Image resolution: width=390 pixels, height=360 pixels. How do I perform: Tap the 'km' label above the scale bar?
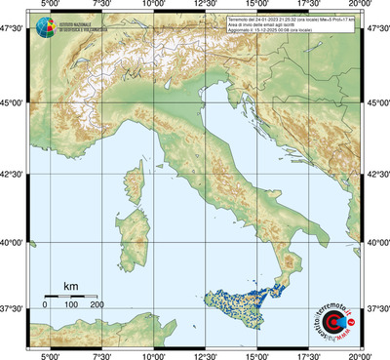tap(71, 286)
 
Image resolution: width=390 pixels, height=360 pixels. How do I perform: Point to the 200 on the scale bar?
tap(97, 305)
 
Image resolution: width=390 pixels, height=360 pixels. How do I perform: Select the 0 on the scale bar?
tap(46, 305)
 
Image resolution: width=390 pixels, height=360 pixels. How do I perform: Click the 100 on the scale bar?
tap(71, 305)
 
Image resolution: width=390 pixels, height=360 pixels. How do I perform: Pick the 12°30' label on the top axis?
tap(205, 7)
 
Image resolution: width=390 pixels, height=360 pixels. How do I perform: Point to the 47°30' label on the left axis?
tap(12, 32)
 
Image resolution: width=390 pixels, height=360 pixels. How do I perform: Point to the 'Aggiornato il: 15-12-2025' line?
tap(292, 29)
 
